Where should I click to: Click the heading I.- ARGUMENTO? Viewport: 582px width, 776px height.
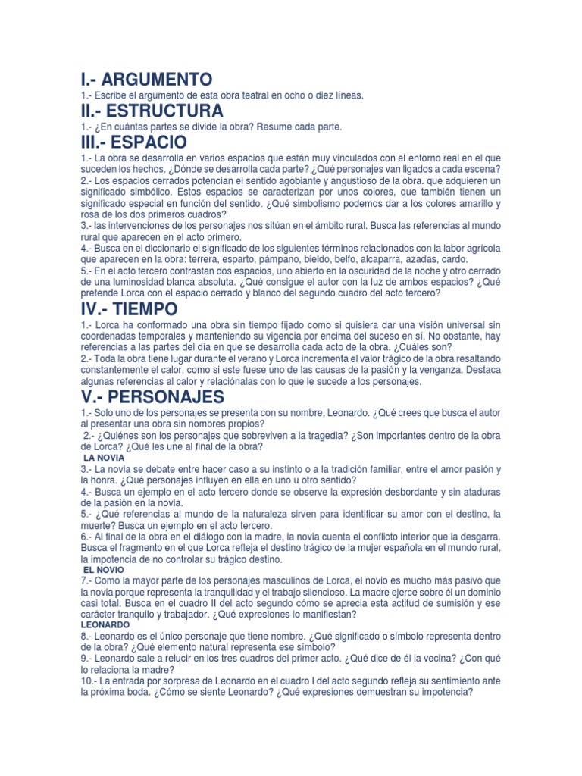pos(146,79)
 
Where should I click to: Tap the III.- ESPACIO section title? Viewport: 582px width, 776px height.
pos(133,142)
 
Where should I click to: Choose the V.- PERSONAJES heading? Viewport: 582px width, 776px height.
pos(152,397)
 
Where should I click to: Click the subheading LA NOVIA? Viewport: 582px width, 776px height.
pos(104,458)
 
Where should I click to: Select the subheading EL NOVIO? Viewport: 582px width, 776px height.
pos(104,569)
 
